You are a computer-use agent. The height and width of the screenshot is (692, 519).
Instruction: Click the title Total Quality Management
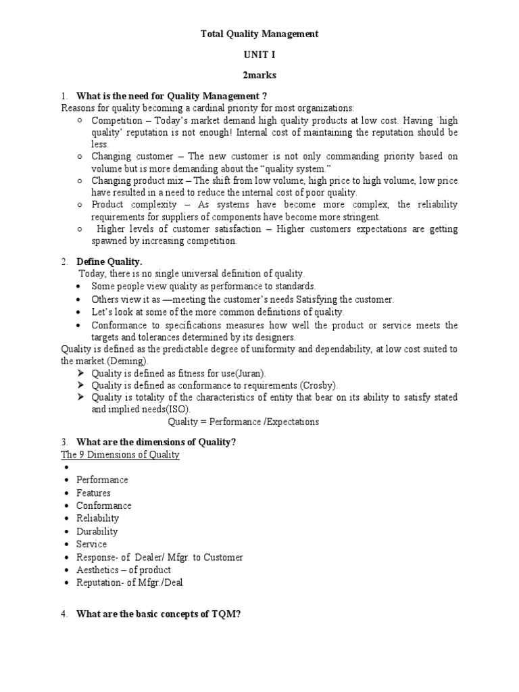pyautogui.click(x=259, y=33)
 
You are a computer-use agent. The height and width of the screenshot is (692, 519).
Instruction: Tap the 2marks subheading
pyautogui.click(x=259, y=75)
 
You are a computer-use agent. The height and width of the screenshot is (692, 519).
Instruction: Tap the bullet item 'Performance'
pyautogui.click(x=102, y=480)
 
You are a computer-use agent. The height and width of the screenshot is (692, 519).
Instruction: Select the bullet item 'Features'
pyautogui.click(x=93, y=493)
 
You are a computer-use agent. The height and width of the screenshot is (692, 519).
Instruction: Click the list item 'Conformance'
pyautogui.click(x=104, y=505)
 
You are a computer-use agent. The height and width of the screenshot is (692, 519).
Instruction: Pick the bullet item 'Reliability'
pyautogui.click(x=97, y=518)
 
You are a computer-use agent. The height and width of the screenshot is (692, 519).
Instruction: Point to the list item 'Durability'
pyautogui.click(x=97, y=531)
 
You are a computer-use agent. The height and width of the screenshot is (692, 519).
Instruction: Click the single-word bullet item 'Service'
pyautogui.click(x=91, y=544)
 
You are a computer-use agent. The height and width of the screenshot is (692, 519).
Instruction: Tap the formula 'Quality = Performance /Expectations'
pyautogui.click(x=243, y=422)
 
